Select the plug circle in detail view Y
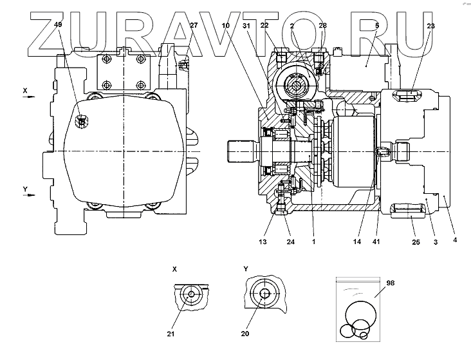pos(264,294)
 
